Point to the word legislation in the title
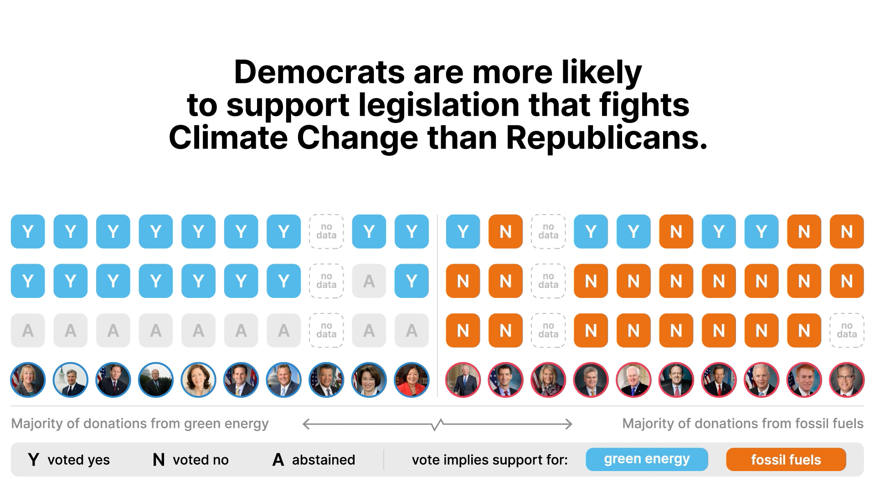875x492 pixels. tap(439, 105)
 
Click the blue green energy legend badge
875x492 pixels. tap(647, 459)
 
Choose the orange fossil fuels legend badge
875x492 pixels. tap(786, 460)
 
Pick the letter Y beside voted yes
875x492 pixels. tap(33, 460)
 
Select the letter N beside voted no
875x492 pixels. tap(159, 460)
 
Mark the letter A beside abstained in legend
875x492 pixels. tap(278, 460)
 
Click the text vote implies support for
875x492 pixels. tap(489, 460)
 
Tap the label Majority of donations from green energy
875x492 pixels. tap(140, 424)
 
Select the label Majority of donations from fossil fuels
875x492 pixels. tap(742, 424)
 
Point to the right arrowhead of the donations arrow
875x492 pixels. tap(570, 425)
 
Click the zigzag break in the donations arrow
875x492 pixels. tap(437, 425)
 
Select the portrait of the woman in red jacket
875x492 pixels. tap(412, 380)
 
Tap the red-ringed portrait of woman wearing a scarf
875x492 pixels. tap(548, 380)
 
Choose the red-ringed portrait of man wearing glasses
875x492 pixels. tap(847, 380)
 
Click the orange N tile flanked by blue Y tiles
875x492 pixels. tap(676, 231)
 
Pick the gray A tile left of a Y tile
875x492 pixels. tap(369, 281)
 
